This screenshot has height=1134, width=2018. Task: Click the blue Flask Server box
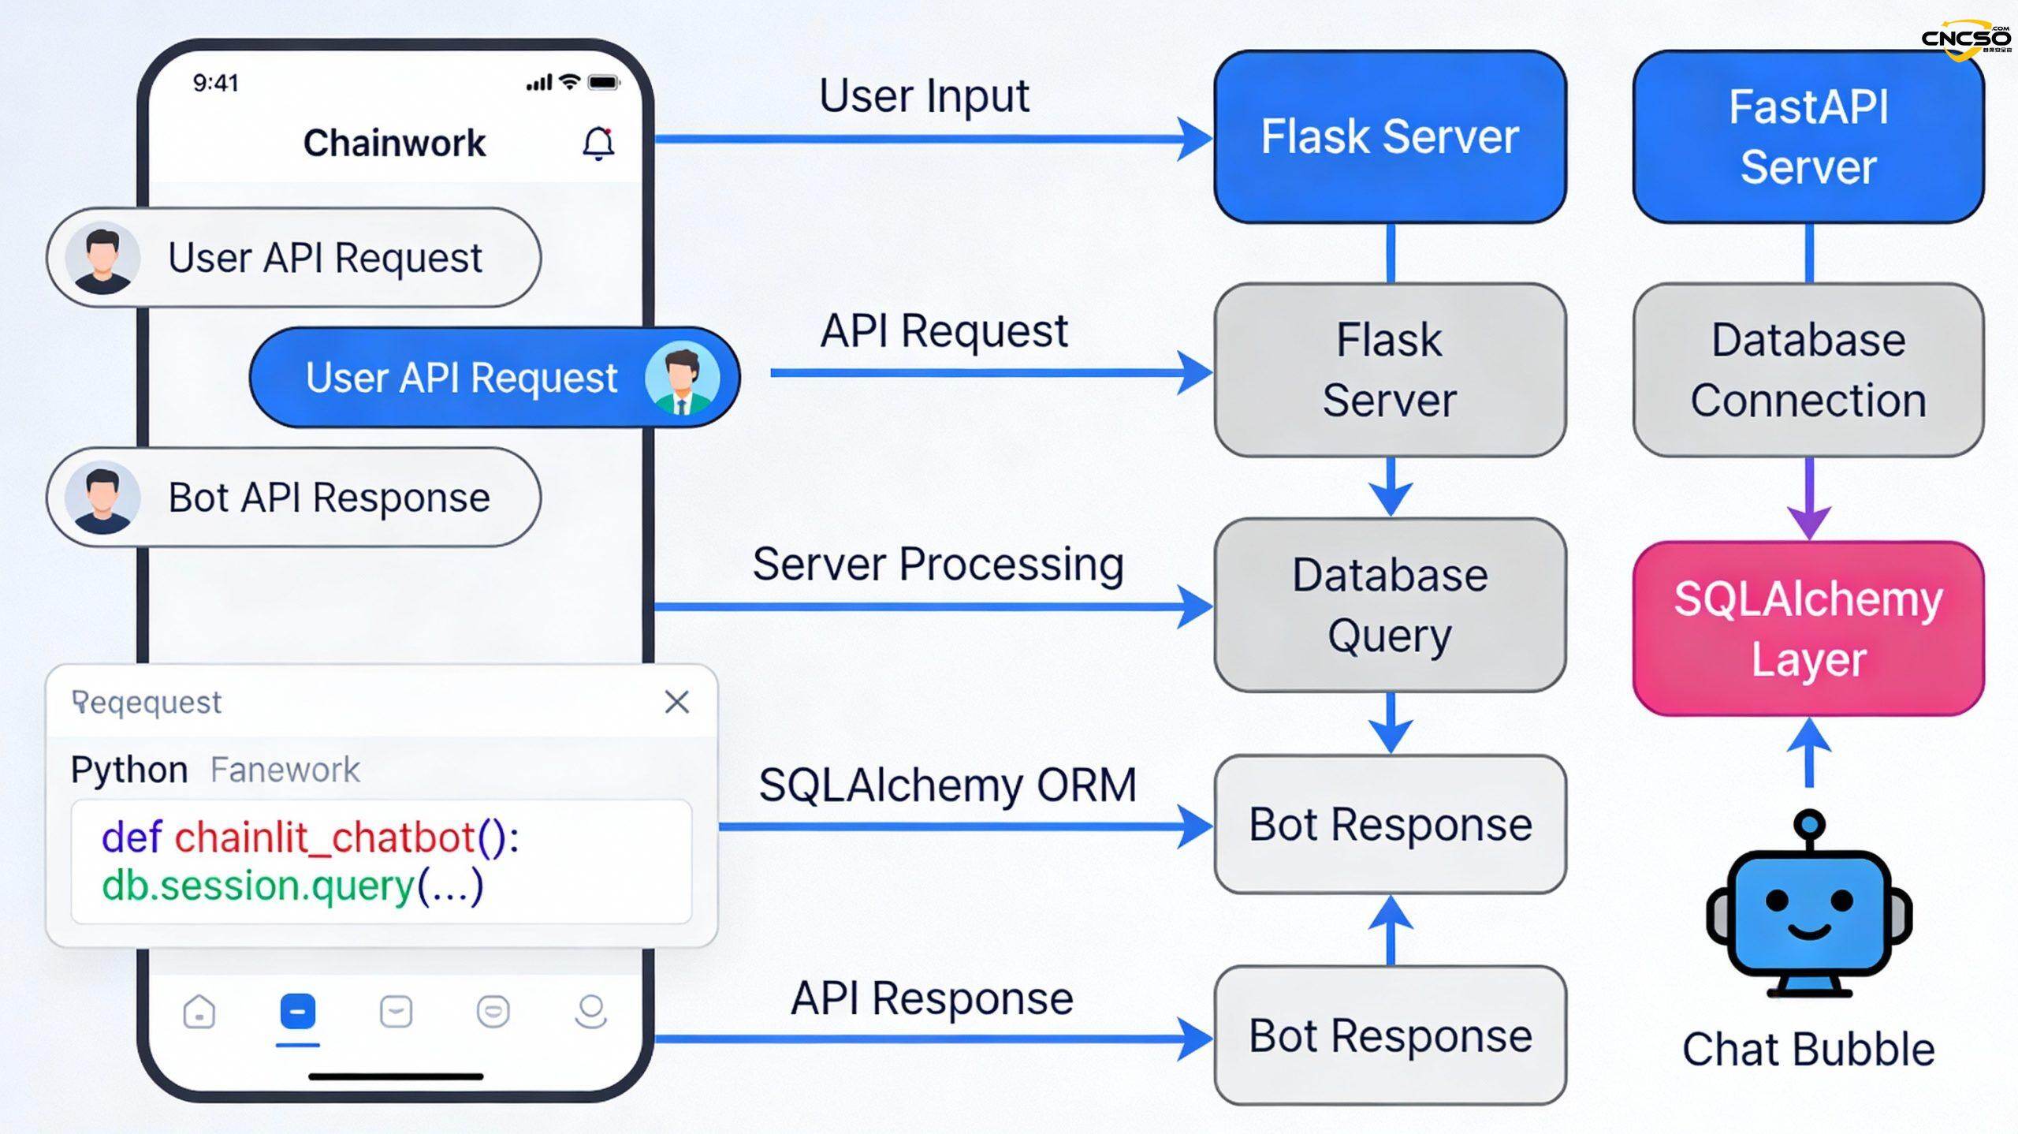tap(1390, 136)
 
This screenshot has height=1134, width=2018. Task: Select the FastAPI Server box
tap(1808, 136)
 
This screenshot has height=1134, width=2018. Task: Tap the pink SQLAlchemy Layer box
tap(1808, 629)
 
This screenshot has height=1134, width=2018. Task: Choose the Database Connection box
tap(1808, 370)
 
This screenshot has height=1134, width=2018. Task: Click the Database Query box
tap(1390, 605)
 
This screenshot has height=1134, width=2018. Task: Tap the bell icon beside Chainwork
tap(598, 144)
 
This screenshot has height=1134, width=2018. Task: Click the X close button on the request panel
tap(676, 702)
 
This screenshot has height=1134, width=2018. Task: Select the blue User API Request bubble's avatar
tap(682, 378)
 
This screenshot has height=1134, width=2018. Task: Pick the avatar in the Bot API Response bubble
tap(102, 498)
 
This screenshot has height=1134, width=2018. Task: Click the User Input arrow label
tap(924, 96)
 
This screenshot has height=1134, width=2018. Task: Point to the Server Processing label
tap(938, 565)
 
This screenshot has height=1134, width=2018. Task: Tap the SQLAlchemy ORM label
tap(948, 785)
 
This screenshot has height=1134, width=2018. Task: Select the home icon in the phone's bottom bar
tap(199, 1012)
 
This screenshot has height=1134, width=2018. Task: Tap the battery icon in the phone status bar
tap(604, 83)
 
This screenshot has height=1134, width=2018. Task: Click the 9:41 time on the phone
tap(215, 83)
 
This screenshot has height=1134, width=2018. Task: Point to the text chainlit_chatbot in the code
tap(325, 837)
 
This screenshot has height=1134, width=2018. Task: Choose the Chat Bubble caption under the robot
tap(1808, 1050)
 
